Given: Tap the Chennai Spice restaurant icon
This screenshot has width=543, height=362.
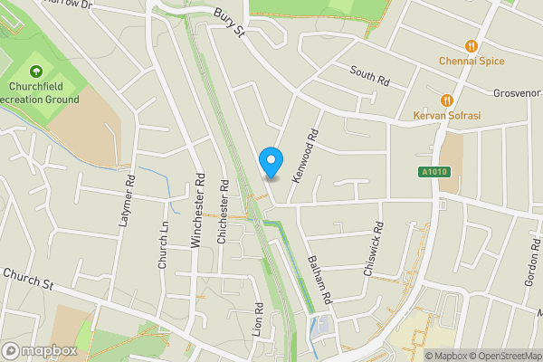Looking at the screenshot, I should tap(471, 45).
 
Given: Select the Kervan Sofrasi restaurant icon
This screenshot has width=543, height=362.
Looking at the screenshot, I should tap(446, 100).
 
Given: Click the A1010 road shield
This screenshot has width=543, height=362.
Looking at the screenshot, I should tap(433, 172).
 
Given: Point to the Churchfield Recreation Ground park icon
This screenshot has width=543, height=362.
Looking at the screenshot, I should tap(37, 71).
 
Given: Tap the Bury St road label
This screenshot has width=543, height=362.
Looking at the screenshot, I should tap(231, 23).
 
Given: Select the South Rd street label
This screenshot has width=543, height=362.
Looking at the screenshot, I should tap(368, 76).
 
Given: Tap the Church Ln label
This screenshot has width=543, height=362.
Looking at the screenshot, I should tap(164, 246).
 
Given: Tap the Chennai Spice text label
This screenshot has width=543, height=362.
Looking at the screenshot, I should tap(470, 62).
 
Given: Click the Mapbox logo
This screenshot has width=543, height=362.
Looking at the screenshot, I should tap(38, 349).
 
